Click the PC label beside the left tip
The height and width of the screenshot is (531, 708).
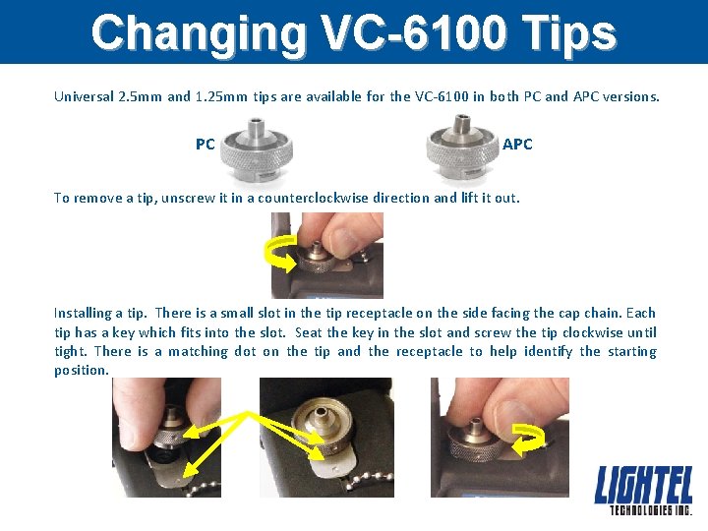point(205,145)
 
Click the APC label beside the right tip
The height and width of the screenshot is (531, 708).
point(517,145)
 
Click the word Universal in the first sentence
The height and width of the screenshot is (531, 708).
point(84,97)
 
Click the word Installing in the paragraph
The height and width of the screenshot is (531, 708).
point(83,313)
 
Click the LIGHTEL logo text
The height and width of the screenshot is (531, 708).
point(643,486)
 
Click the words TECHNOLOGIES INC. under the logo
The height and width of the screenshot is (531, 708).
point(650,510)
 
